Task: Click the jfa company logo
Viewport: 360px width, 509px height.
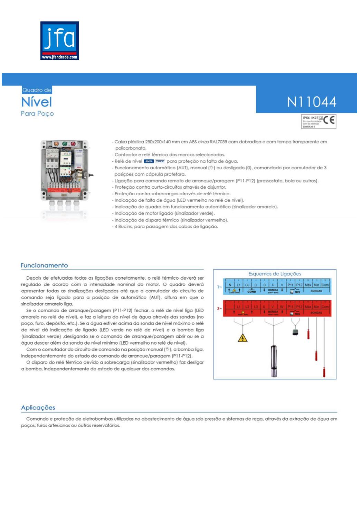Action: click(59, 40)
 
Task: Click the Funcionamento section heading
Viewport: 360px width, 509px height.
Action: click(44, 265)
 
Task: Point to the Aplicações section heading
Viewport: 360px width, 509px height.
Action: click(38, 407)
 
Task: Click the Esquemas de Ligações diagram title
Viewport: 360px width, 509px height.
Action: click(275, 274)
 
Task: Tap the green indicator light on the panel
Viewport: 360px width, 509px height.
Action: click(65, 144)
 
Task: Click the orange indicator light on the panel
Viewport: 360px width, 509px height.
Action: click(57, 144)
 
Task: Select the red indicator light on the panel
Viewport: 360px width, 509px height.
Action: click(73, 144)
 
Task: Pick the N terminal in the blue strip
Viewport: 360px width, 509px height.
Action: click(230, 285)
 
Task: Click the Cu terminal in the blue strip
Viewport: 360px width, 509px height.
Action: click(247, 285)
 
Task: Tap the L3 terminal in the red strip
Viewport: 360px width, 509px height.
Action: click(255, 307)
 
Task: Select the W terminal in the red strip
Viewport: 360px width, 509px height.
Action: click(282, 307)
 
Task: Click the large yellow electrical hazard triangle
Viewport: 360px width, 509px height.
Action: click(243, 337)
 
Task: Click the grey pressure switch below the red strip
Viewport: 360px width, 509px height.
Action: click(295, 332)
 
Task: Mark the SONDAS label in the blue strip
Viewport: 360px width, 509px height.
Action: click(316, 291)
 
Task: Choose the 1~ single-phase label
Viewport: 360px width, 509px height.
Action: click(219, 287)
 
